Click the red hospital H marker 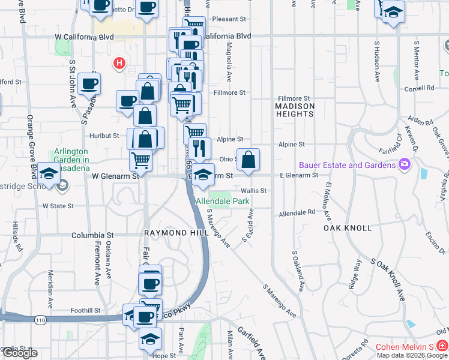pos(119,62)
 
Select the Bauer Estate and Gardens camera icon pos(405,164)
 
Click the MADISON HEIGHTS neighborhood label pos(295,110)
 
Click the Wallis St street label pos(255,190)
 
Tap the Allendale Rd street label pos(297,213)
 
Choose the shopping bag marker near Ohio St pos(248,160)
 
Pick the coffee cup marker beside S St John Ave pos(89,83)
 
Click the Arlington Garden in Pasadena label pos(71,156)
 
